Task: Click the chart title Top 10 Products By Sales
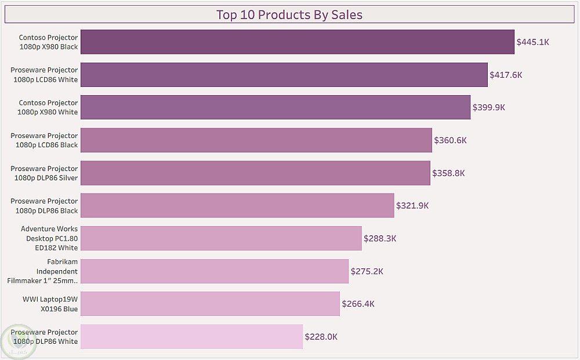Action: click(x=289, y=14)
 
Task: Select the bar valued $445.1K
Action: click(x=297, y=42)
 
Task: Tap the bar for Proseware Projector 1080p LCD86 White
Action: click(x=284, y=75)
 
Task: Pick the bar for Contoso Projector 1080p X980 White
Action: click(x=275, y=107)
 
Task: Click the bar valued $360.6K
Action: click(x=256, y=140)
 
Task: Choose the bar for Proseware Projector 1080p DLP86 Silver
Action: click(x=255, y=173)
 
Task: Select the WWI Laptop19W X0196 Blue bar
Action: click(x=210, y=304)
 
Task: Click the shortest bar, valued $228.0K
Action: click(x=191, y=337)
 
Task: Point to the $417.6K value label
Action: click(x=506, y=75)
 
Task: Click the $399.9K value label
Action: click(x=489, y=107)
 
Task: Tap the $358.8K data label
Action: click(x=448, y=173)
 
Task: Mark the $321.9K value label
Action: click(x=412, y=206)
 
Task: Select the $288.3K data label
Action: click(x=380, y=238)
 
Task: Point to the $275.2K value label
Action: click(x=367, y=271)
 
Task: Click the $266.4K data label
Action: click(x=358, y=304)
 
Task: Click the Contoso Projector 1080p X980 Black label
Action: click(x=48, y=42)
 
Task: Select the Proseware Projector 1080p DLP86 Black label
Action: click(x=44, y=206)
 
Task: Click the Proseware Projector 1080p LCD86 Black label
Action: click(x=44, y=140)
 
